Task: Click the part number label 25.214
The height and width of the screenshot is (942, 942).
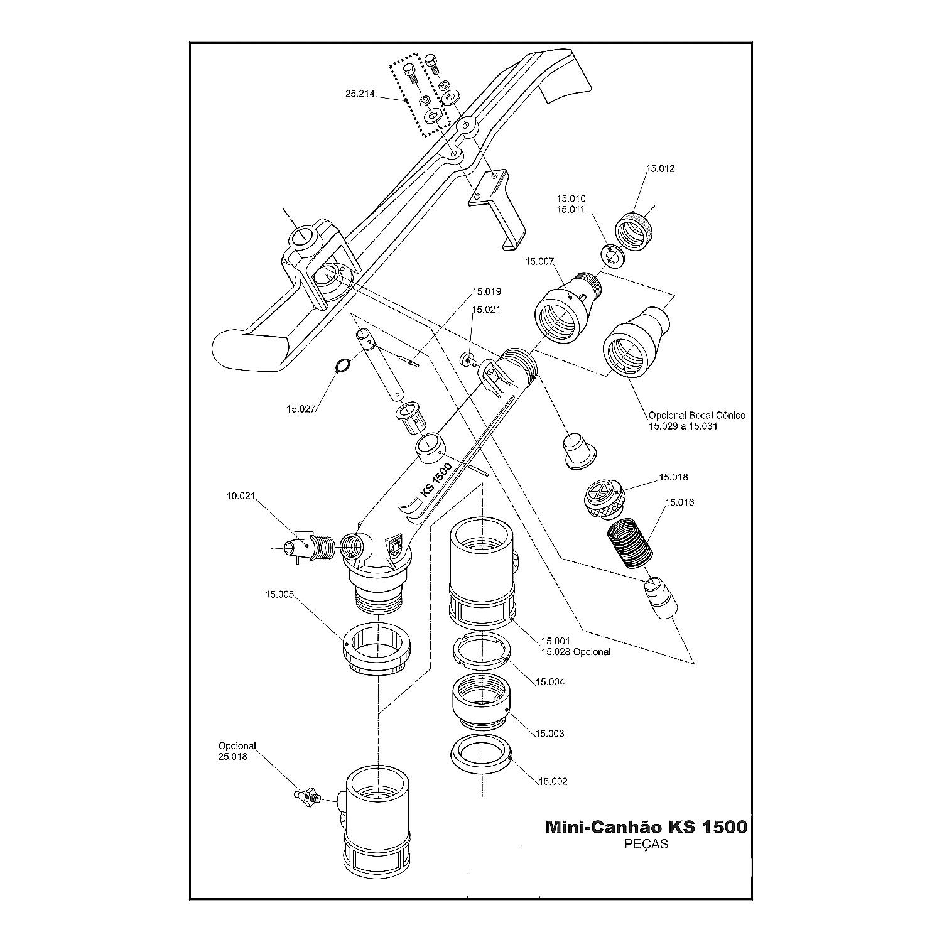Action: click(359, 94)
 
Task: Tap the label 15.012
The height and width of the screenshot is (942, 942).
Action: click(661, 168)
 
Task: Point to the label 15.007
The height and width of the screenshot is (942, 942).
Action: click(541, 261)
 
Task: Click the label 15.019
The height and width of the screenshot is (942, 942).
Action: click(486, 291)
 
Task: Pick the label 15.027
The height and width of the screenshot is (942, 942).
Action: click(300, 409)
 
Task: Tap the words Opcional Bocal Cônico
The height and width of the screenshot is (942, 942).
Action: click(696, 415)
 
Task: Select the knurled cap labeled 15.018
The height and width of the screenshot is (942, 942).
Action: click(602, 499)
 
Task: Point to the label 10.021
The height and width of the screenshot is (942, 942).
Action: click(241, 495)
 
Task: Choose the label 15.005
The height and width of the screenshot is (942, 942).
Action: click(279, 593)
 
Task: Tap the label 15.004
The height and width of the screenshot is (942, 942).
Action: click(549, 681)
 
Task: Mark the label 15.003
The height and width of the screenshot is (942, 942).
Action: click(549, 733)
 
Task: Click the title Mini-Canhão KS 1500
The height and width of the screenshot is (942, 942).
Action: click(646, 826)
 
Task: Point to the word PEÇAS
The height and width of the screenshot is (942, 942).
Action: click(646, 844)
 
